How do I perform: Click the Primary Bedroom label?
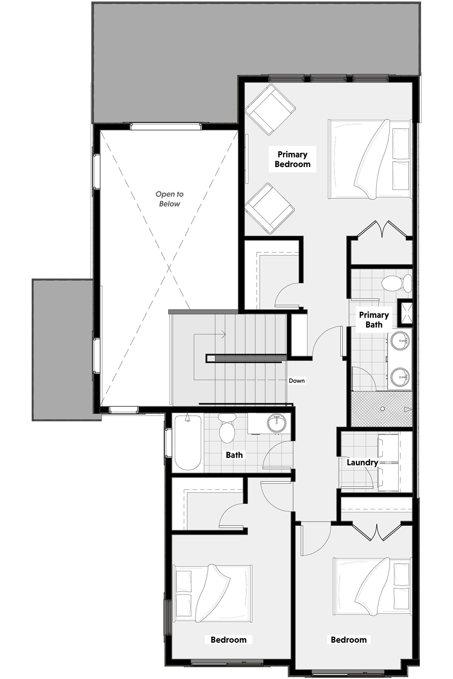[x=293, y=159]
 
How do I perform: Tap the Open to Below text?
[x=169, y=199]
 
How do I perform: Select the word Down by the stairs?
[x=297, y=381]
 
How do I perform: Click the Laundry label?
[x=362, y=462]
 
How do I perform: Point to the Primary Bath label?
[x=374, y=320]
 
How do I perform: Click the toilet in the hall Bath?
[x=227, y=428]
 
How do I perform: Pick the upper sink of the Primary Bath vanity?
[x=400, y=341]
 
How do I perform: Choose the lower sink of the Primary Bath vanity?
[x=400, y=378]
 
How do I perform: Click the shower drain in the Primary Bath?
[x=382, y=409]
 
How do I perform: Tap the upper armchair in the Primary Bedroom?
[x=270, y=109]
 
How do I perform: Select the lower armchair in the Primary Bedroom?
[x=270, y=209]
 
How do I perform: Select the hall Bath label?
[x=234, y=455]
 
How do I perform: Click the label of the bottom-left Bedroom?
[x=228, y=640]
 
